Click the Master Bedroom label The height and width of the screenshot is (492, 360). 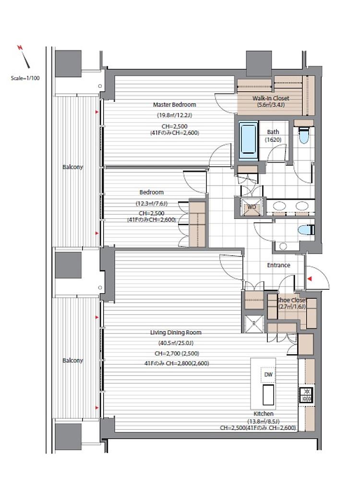coord(174,104)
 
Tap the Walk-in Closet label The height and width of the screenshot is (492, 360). coord(271,98)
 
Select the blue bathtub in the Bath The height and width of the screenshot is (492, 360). coord(248,140)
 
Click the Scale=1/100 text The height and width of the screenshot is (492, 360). coord(25,78)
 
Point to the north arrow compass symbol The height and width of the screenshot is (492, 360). coord(24,57)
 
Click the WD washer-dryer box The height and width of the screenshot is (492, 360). coord(252,207)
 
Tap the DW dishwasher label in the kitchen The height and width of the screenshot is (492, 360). coord(268,374)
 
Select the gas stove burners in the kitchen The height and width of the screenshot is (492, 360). coord(306,395)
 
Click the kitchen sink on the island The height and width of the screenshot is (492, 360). coord(268,395)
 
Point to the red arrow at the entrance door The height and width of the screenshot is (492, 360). coord(310,278)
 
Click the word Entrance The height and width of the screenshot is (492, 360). coord(278,265)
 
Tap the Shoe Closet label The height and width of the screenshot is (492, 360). coord(291,300)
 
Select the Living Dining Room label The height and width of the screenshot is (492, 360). coord(176,332)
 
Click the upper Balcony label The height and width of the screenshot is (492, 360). coord(73,167)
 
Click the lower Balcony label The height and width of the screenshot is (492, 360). coord(73,360)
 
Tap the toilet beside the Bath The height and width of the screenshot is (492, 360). coord(303,135)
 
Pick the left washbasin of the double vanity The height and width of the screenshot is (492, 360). coord(279,206)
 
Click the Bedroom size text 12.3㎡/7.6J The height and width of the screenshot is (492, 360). coord(152,203)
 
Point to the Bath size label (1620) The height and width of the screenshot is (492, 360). coord(273,140)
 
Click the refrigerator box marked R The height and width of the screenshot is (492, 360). coord(254,324)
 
